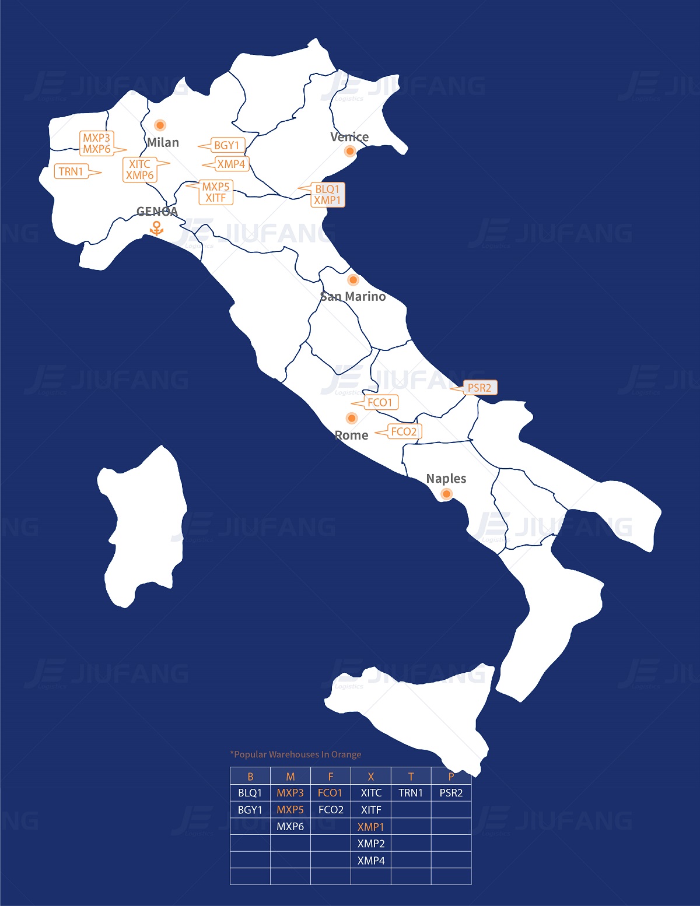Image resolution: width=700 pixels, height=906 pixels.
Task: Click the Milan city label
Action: coord(163,143)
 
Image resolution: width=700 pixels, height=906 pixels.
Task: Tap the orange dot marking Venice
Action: coord(350,151)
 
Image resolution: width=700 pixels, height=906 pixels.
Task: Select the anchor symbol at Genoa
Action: coord(156,228)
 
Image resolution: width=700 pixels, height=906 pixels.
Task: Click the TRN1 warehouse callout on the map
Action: coord(72,171)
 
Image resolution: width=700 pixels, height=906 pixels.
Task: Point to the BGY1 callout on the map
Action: coord(227,145)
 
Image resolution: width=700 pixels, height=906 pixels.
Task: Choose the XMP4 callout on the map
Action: coord(231,164)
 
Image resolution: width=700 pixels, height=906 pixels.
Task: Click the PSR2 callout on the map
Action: coord(480,388)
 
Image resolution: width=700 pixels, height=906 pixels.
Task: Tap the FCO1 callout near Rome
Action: coord(380,402)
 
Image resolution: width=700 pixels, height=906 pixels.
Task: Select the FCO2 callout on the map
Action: coord(404,431)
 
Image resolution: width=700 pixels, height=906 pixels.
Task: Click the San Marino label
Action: coord(353,297)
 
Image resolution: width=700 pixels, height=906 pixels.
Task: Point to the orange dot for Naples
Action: coord(446,494)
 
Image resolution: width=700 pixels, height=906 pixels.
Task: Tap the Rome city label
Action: coord(352,436)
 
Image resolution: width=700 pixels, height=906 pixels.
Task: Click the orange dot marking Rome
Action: coord(351,418)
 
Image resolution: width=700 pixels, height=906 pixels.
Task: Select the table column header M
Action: coord(290,777)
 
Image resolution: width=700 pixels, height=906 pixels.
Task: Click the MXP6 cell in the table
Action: coord(290,827)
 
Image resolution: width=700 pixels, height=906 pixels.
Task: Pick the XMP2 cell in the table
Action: coord(371,844)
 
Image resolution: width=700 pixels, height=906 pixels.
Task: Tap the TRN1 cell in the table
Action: coord(411,793)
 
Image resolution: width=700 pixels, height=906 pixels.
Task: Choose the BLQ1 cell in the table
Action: coord(250,793)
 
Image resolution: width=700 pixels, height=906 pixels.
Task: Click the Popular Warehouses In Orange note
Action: coord(296,754)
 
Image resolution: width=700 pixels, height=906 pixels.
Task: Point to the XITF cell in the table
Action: coord(371,810)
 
